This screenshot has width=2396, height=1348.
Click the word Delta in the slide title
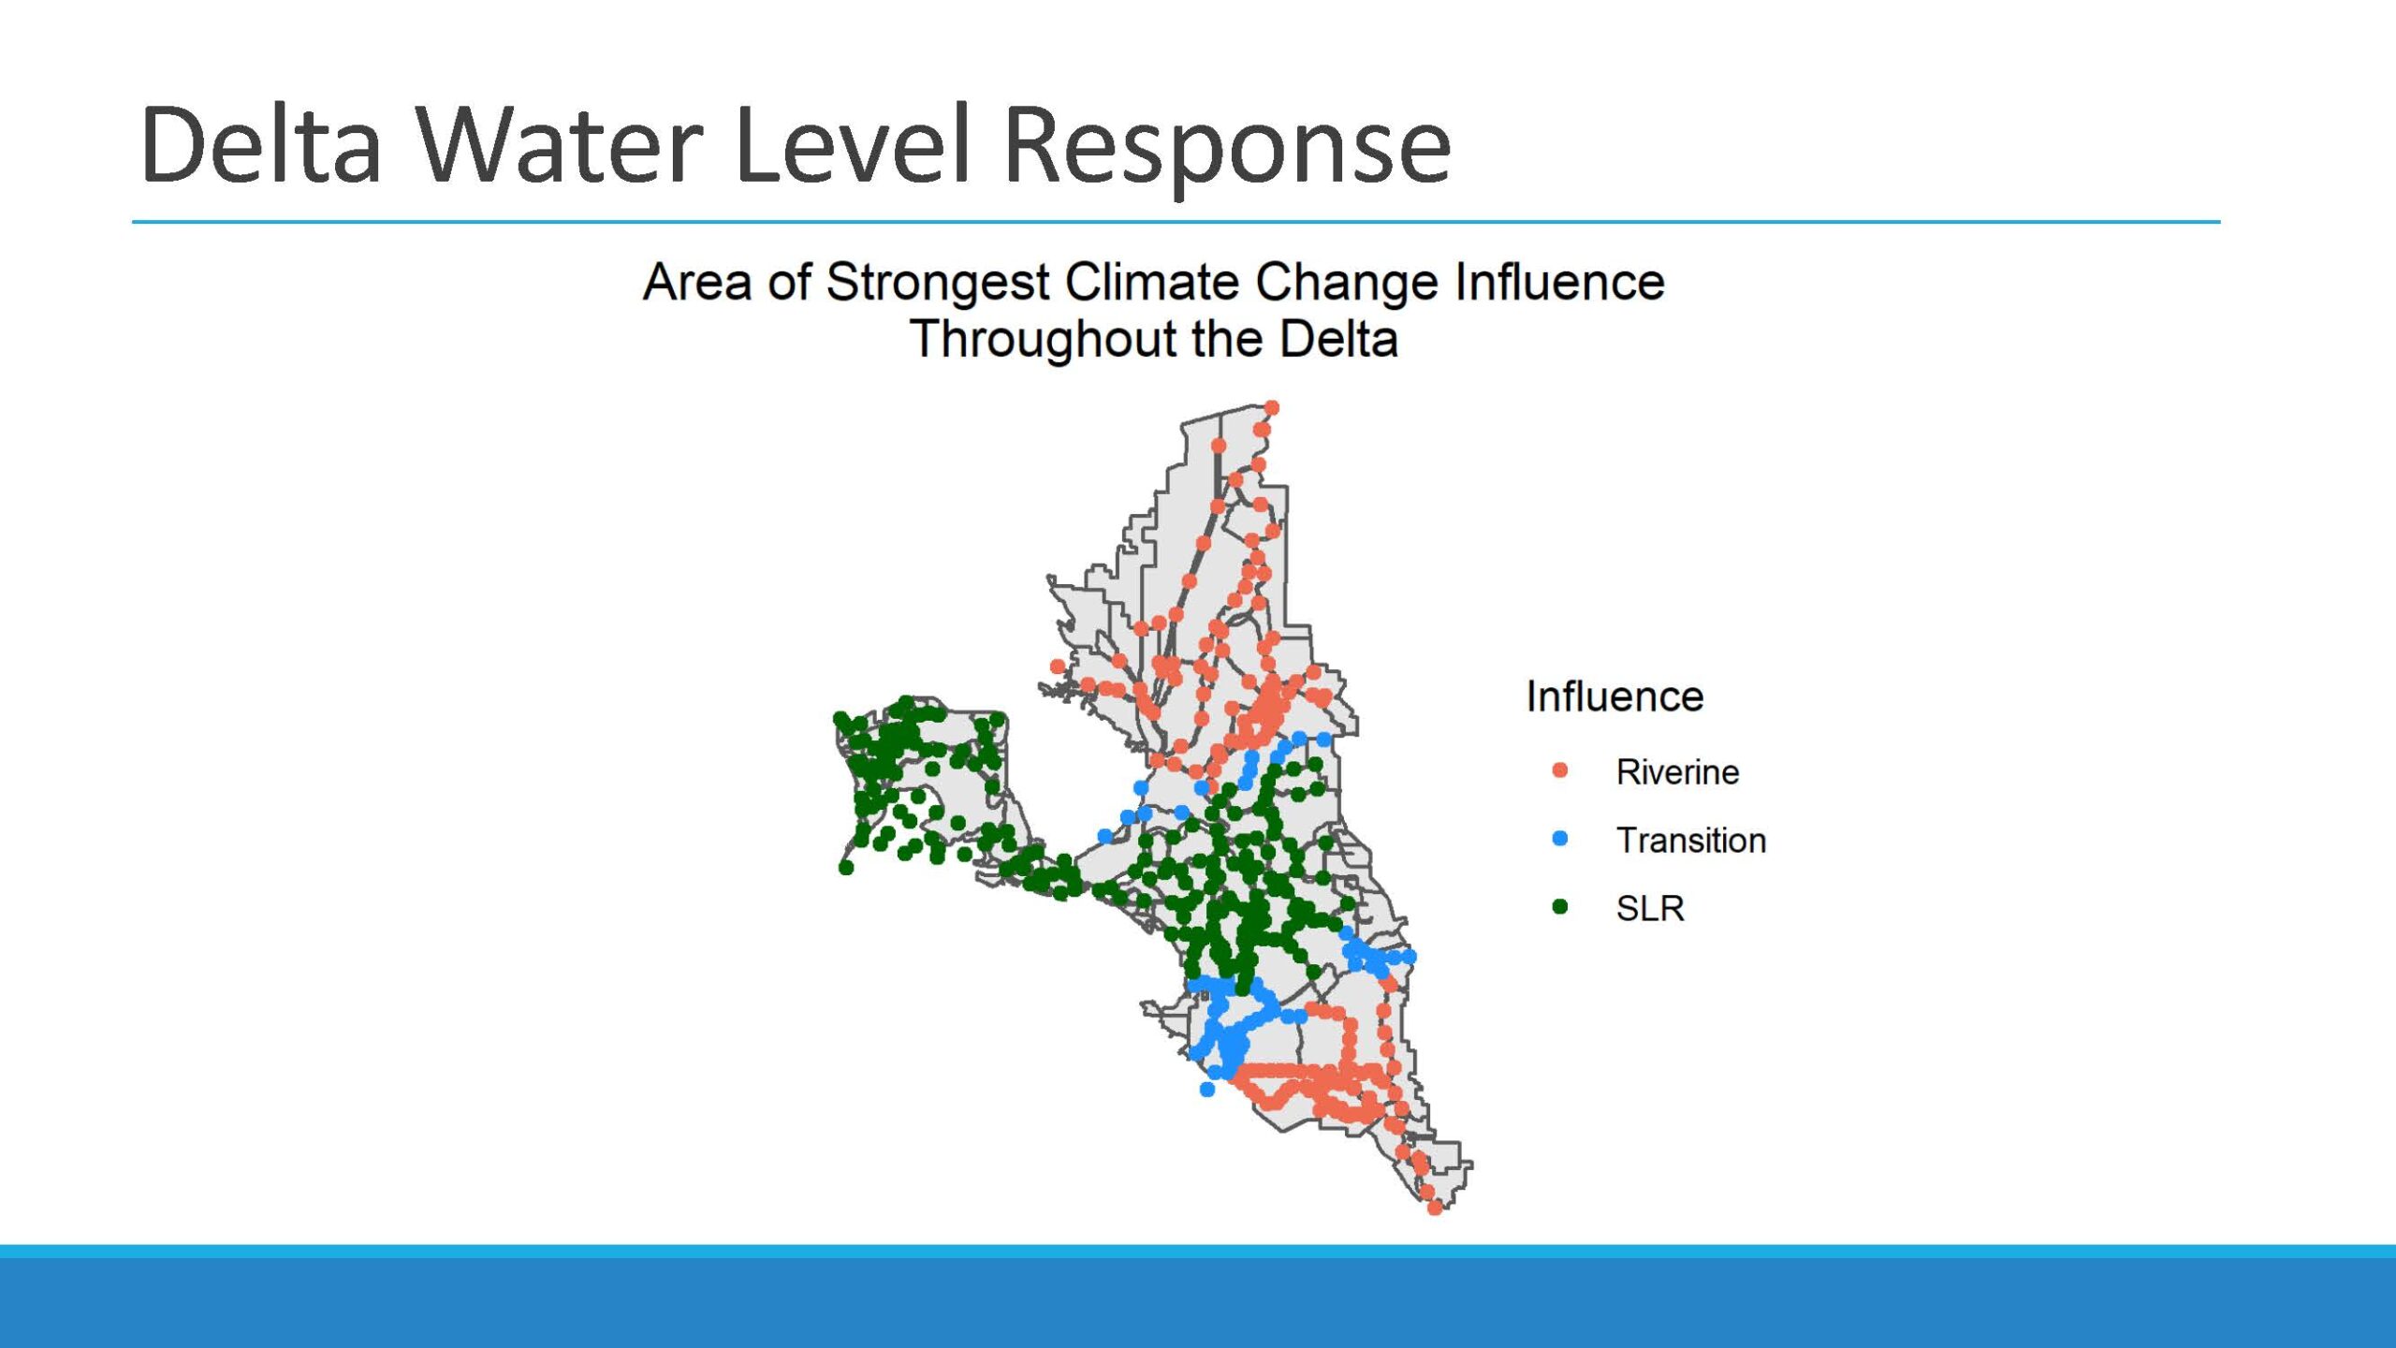tap(261, 144)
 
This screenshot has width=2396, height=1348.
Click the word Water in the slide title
tap(560, 144)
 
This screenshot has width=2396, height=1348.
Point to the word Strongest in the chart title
tap(938, 283)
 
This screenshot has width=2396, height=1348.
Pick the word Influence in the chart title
tap(1559, 282)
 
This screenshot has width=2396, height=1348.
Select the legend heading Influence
tap(1614, 696)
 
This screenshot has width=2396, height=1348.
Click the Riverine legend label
tap(1677, 772)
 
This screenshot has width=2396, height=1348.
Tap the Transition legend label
tap(1691, 841)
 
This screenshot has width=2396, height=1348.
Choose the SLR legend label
tap(1650, 908)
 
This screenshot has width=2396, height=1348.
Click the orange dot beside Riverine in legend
tap(1559, 770)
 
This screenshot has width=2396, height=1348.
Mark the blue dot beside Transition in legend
tap(1559, 839)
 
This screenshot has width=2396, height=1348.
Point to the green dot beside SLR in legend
tap(1559, 906)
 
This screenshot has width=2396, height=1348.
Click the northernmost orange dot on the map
tap(1272, 408)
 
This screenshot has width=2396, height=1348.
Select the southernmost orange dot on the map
tap(1435, 1209)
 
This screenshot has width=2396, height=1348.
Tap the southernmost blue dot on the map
tap(1207, 1090)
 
